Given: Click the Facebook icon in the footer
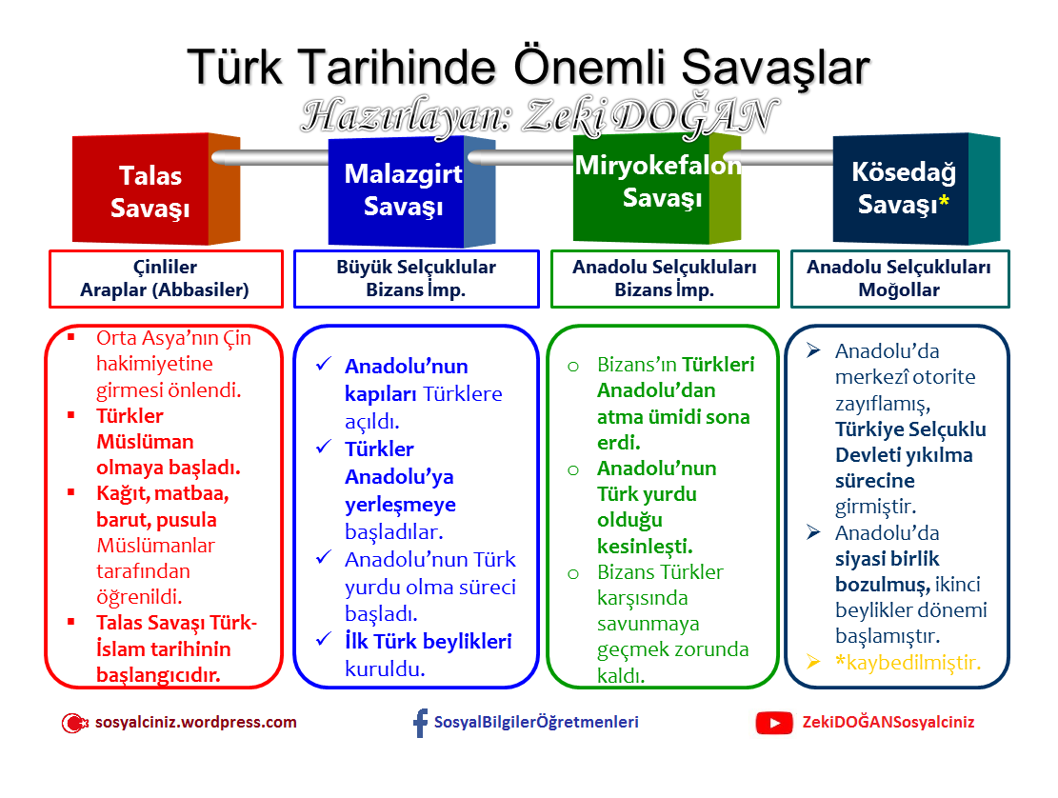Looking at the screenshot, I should tap(420, 723).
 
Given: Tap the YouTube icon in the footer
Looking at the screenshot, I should tap(773, 723).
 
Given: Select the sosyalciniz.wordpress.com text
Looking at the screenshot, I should tap(196, 722).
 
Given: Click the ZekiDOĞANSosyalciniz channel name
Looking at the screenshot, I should tap(888, 722).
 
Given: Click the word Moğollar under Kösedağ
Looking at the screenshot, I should tap(899, 290).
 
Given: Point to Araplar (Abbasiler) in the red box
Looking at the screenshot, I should tap(165, 290).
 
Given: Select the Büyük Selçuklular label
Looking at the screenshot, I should tap(416, 268).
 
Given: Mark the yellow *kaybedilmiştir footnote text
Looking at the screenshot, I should tap(908, 663).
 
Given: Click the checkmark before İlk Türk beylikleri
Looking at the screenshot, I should tap(324, 641).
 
